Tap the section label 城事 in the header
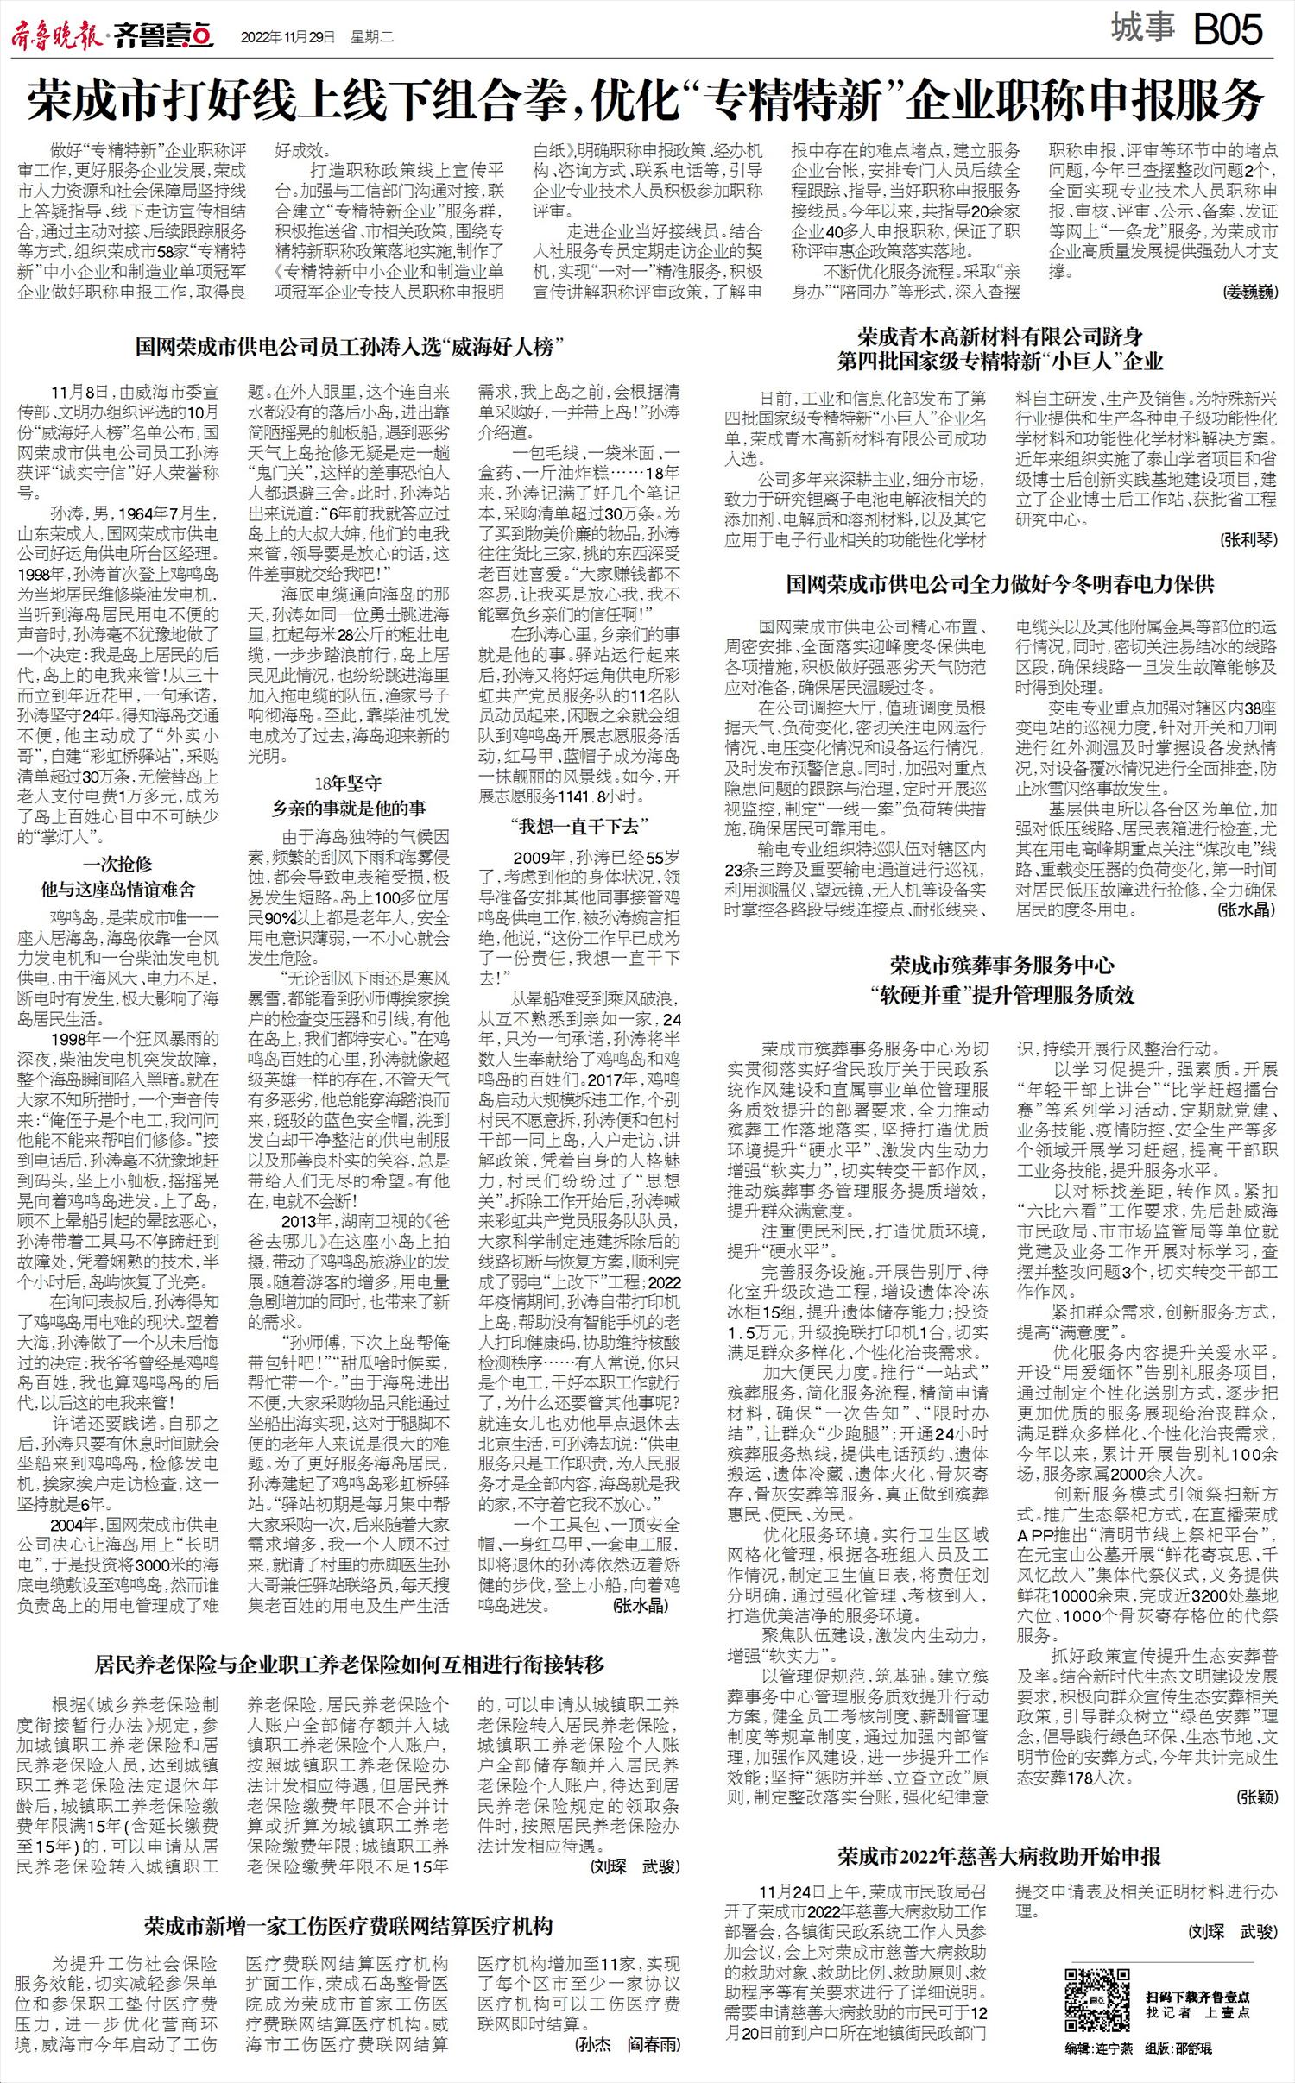click(x=1142, y=29)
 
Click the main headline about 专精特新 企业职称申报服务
click(x=646, y=101)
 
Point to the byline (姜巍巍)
click(x=1249, y=293)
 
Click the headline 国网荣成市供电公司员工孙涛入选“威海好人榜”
click(x=344, y=347)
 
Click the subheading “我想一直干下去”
click(x=578, y=826)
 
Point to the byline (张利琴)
click(x=1248, y=540)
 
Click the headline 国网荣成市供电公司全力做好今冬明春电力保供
click(x=1000, y=584)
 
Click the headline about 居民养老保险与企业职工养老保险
click(x=349, y=1665)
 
